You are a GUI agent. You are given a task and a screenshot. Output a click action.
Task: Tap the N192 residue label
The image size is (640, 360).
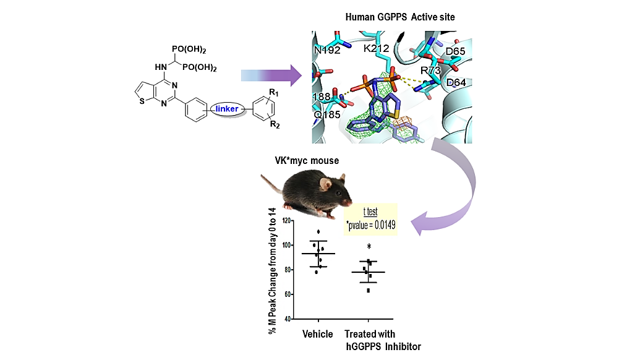327,50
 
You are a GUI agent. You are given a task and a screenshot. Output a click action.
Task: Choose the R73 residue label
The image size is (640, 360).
432,71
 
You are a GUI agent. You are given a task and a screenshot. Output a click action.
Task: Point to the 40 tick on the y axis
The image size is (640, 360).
288,319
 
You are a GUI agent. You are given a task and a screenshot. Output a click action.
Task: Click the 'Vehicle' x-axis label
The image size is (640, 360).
318,335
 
